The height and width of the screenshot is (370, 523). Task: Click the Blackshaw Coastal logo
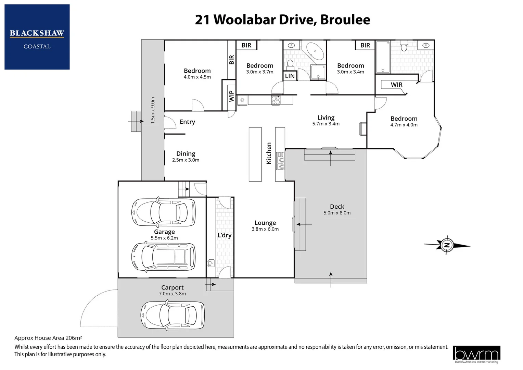tap(37, 37)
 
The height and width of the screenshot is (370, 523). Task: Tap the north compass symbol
tap(447, 245)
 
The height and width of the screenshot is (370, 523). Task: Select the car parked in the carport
tap(173, 316)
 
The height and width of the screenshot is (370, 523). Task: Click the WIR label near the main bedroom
tap(396, 85)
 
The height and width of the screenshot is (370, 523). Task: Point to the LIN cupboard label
tap(290, 76)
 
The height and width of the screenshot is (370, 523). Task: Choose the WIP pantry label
tap(231, 96)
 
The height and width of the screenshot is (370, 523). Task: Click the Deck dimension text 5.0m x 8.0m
tap(337, 213)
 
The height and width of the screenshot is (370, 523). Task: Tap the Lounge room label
tap(265, 223)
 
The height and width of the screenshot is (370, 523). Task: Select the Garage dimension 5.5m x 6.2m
tap(164, 238)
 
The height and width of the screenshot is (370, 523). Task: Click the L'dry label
tap(224, 235)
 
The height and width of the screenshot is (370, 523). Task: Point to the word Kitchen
tap(269, 153)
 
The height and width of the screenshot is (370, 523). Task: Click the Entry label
tap(187, 122)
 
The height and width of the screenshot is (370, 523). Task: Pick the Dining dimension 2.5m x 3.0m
tap(186, 160)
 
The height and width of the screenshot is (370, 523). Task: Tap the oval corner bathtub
tap(315, 52)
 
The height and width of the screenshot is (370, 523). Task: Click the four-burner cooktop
tap(276, 100)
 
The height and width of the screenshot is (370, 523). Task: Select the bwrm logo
tap(476, 354)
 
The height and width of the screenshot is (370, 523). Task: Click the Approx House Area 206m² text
tap(48, 338)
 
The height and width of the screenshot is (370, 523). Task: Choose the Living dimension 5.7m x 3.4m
tap(326, 124)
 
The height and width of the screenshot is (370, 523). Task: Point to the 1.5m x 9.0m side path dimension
tap(153, 110)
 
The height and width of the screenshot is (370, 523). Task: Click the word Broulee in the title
tap(345, 20)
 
